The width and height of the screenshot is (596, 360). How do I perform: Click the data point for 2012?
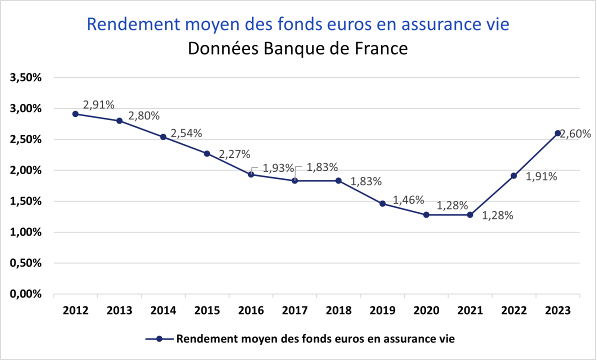tap(75, 114)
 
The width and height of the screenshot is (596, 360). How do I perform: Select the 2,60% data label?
tap(576, 134)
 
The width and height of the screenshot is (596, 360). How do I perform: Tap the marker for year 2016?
tap(251, 174)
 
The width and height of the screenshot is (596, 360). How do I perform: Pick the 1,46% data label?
tap(408, 200)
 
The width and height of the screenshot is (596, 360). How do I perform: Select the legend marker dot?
tap(159, 338)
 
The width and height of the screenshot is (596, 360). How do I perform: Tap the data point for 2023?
tap(557, 133)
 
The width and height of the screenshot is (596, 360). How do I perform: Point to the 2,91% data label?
tap(99, 105)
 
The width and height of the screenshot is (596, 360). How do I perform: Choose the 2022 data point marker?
tap(513, 175)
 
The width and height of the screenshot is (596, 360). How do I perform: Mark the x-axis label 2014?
tap(163, 310)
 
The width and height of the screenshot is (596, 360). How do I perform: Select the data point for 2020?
tap(426, 214)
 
